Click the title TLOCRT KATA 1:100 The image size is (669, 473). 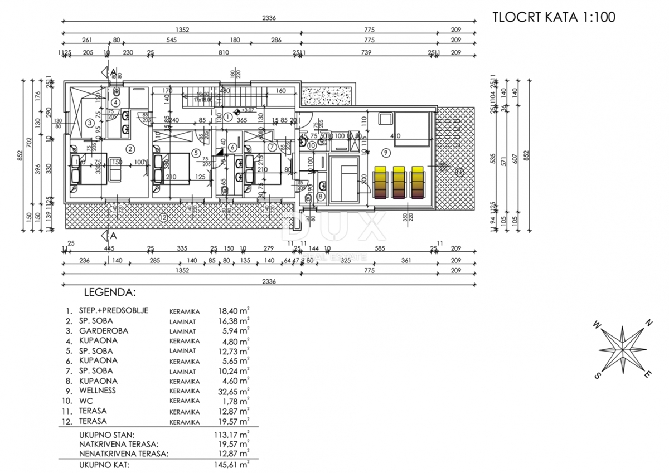pos(554,17)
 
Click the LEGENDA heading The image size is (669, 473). pos(109,291)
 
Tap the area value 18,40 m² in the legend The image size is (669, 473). pos(234,311)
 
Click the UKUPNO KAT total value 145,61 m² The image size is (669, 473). pos(234,463)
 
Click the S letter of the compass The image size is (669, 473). pos(597,376)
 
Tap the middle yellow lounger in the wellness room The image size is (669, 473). pos(400,182)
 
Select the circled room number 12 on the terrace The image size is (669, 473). pos(163,218)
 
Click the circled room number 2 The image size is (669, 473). pos(130,148)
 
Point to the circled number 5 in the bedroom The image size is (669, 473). pos(195,152)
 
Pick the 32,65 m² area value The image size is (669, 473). pos(234,391)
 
